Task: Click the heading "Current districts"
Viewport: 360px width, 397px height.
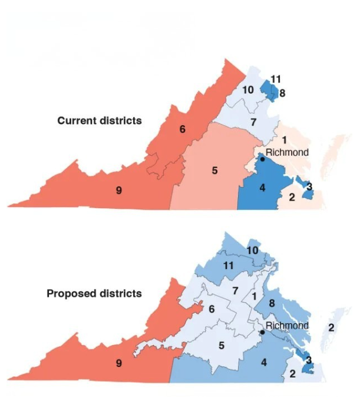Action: tap(100, 120)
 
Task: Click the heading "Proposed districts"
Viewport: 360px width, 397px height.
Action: tap(94, 293)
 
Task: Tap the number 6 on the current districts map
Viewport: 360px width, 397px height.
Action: tap(183, 129)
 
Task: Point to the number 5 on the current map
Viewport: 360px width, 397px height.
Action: tap(215, 170)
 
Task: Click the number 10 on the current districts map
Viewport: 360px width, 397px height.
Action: tap(247, 90)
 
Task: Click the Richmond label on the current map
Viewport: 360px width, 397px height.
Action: tap(287, 152)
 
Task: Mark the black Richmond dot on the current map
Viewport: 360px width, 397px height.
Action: tap(262, 159)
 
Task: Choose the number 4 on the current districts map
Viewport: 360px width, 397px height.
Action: tap(263, 188)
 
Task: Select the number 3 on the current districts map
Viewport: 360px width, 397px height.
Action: tap(309, 187)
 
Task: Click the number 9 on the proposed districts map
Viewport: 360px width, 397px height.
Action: tap(119, 363)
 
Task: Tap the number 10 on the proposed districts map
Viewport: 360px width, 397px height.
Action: tap(252, 251)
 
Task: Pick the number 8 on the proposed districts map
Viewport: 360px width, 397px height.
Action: tap(272, 304)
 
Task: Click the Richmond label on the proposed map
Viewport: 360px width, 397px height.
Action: tap(287, 326)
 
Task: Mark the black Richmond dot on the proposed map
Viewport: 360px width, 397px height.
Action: tap(262, 332)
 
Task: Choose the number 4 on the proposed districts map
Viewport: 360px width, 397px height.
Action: tap(263, 362)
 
